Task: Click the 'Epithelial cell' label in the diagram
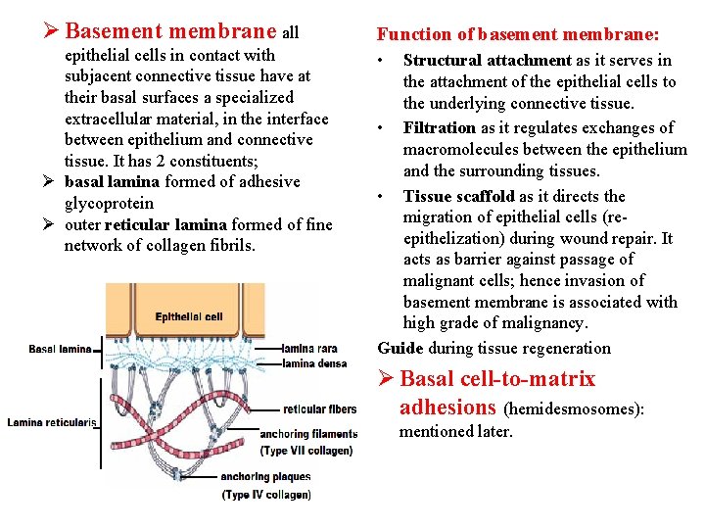pyautogui.click(x=189, y=316)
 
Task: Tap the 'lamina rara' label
pyautogui.click(x=309, y=348)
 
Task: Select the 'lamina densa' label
pyautogui.click(x=313, y=362)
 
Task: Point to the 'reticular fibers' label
pyautogui.click(x=320, y=409)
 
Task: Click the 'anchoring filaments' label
pyautogui.click(x=309, y=434)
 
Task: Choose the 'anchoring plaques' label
pyautogui.click(x=265, y=477)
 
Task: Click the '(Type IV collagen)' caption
pyautogui.click(x=266, y=495)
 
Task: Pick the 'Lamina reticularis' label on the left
pyautogui.click(x=52, y=422)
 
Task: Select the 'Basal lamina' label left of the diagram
pyautogui.click(x=60, y=349)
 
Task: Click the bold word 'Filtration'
pyautogui.click(x=440, y=127)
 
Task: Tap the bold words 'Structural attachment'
pyautogui.click(x=487, y=61)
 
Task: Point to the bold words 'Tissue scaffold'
pyautogui.click(x=459, y=196)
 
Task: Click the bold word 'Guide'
pyautogui.click(x=400, y=348)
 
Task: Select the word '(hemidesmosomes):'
pyautogui.click(x=574, y=409)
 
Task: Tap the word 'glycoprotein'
pyautogui.click(x=109, y=203)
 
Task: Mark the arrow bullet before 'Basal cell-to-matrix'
pyautogui.click(x=387, y=379)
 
